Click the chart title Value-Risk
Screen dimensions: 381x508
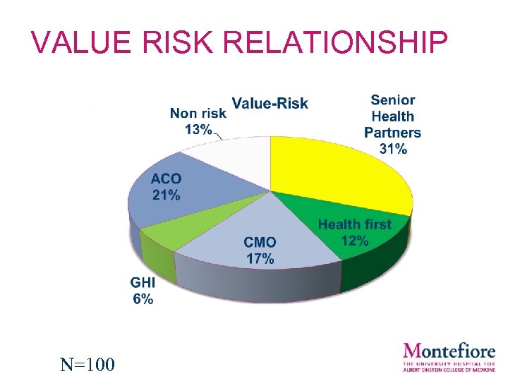pyautogui.click(x=270, y=104)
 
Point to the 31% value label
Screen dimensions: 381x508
pyautogui.click(x=393, y=149)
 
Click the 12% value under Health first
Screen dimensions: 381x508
pyautogui.click(x=354, y=241)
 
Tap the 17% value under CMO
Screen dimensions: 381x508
pyautogui.click(x=260, y=258)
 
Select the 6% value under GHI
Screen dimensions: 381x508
pyautogui.click(x=143, y=298)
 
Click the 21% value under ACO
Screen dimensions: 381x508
pyautogui.click(x=166, y=195)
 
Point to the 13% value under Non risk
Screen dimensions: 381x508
pyautogui.click(x=198, y=129)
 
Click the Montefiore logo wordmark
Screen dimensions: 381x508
pyautogui.click(x=449, y=350)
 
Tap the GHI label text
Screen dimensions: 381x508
pyautogui.click(x=143, y=282)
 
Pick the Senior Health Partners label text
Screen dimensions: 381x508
pyautogui.click(x=393, y=116)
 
